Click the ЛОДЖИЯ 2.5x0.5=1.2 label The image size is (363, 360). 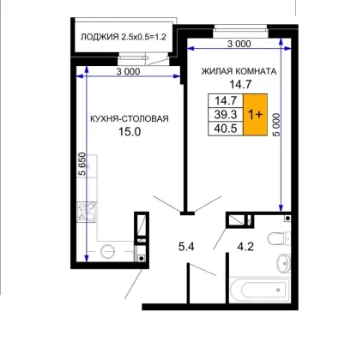point(124,37)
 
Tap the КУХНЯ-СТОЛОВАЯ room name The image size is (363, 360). point(130,118)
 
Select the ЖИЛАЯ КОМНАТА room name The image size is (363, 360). point(239,71)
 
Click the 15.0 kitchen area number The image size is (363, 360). point(130,132)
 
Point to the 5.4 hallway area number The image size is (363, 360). point(186,246)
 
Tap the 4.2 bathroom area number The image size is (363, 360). point(245,246)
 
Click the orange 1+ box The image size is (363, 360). point(255,115)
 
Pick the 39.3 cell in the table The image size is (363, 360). point(226,115)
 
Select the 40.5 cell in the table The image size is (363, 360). point(226,129)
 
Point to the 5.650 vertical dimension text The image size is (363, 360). point(82,164)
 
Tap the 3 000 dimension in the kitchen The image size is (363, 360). point(128,71)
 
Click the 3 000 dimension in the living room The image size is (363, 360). point(239,44)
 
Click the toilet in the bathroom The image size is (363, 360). point(278,238)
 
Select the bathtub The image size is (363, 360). point(260,290)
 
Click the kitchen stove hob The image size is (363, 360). point(87,212)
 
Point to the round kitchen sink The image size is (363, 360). point(107,251)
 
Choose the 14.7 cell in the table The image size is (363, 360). point(226,100)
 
